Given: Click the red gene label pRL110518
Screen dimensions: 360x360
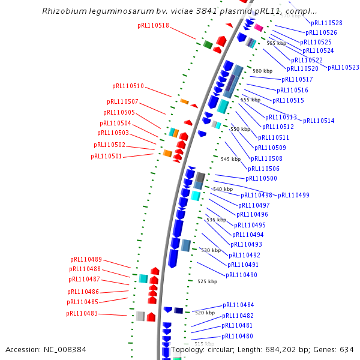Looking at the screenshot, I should [x=153, y=26].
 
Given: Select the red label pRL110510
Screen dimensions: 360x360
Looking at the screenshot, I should [x=128, y=86].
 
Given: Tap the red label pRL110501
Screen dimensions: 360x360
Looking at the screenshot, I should [x=106, y=156].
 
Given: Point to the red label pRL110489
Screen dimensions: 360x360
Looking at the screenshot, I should [x=86, y=259].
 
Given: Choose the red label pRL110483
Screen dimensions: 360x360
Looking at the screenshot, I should [x=82, y=313].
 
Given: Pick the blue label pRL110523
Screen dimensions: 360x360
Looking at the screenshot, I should [x=343, y=68].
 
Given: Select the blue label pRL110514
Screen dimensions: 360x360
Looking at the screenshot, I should [x=319, y=121].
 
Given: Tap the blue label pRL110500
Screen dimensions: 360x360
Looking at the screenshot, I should [x=261, y=178].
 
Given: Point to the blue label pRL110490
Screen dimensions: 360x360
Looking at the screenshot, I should [x=241, y=275].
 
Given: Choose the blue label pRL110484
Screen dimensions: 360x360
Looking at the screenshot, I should [x=238, y=305].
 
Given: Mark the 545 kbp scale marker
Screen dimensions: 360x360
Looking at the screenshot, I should [x=230, y=159].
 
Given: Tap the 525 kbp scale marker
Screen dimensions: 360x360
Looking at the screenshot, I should [x=206, y=281].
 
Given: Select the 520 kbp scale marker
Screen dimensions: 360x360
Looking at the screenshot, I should [x=205, y=313].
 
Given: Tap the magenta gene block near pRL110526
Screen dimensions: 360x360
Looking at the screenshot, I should [x=259, y=28].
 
